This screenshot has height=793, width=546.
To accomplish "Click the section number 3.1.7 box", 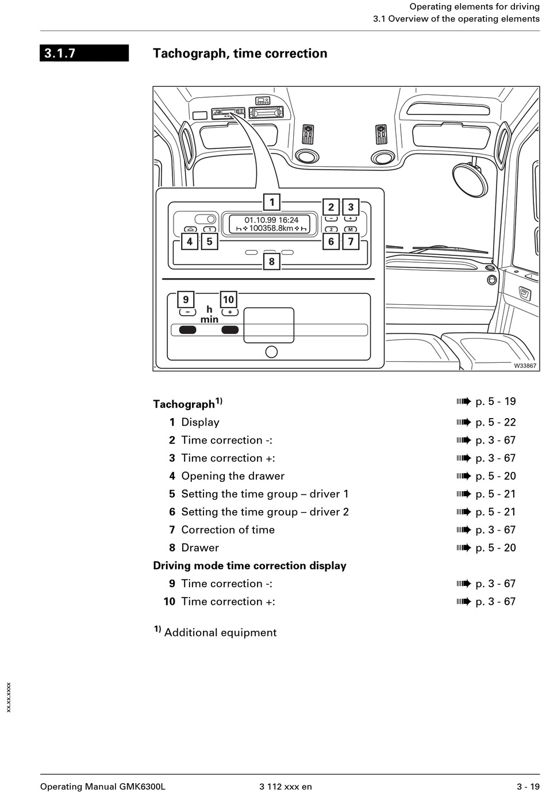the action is click(84, 53).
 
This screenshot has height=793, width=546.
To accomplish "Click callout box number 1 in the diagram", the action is click(272, 202).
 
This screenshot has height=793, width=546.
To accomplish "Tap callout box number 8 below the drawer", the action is click(272, 261).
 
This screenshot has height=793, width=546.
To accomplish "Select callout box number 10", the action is click(228, 300).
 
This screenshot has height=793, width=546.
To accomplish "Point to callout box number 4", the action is click(190, 241).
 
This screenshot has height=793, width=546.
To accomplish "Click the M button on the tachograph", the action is click(351, 229).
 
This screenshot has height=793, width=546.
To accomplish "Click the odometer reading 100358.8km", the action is click(271, 228).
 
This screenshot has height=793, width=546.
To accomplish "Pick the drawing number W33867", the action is click(525, 366).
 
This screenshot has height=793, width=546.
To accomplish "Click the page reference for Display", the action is click(495, 422).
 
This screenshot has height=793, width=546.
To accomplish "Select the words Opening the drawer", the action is click(233, 476).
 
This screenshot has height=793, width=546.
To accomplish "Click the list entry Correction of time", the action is click(228, 530).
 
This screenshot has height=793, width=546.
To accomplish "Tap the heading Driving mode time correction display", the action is click(249, 566).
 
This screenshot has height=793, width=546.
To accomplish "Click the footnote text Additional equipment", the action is click(220, 633).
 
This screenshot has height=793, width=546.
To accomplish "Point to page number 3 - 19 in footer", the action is click(528, 787).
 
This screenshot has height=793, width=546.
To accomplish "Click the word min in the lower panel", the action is click(209, 319).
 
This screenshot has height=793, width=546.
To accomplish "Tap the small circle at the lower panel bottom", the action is click(271, 352).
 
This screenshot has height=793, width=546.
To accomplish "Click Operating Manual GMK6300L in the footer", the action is click(103, 787).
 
